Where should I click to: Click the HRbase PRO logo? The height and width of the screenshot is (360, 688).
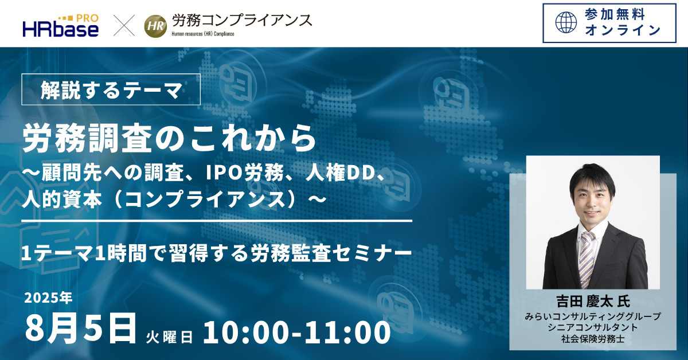coord(61,26)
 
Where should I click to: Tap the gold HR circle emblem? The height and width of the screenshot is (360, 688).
coord(155,26)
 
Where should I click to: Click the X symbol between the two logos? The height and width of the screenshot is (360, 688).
coord(124,25)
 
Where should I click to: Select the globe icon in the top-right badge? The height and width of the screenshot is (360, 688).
coord(566,22)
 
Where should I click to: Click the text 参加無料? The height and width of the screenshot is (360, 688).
coord(614,15)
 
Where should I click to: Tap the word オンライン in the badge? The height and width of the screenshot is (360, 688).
coord(623,30)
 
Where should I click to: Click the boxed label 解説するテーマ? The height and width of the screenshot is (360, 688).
coord(111,89)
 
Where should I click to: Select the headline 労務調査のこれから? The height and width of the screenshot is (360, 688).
coord(169,139)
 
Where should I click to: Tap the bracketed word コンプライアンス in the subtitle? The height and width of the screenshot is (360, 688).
coord(205,199)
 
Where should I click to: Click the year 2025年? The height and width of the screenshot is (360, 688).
coord(49,298)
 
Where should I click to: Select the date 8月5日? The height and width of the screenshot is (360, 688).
coord(80,329)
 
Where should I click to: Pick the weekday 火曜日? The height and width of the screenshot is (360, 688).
coord(169,337)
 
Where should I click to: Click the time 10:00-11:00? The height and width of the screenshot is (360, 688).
coord(297,332)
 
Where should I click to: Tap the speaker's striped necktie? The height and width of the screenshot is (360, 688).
coord(587,260)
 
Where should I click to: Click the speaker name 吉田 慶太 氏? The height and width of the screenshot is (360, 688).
coord(593,302)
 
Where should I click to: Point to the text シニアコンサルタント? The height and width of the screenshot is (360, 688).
coord(593,327)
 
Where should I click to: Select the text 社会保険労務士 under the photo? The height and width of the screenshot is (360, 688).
coord(593,339)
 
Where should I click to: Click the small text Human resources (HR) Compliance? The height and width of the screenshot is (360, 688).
coord(203,34)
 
